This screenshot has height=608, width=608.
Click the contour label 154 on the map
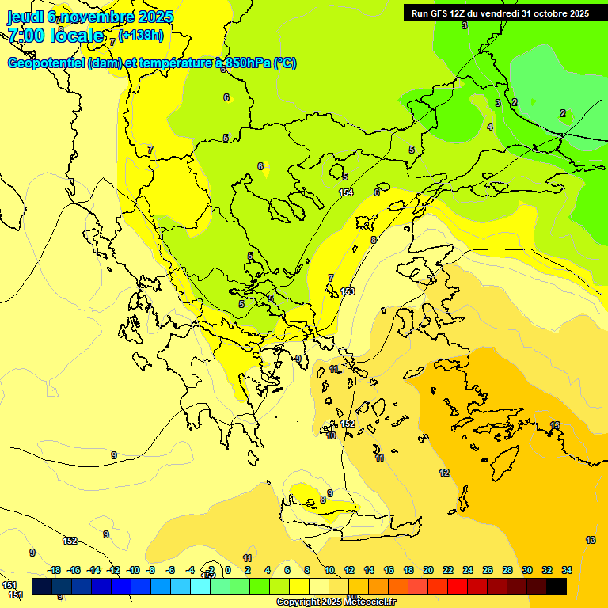pos(346,193)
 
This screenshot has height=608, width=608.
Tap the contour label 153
pos(348,291)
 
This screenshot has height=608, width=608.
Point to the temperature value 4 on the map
pos(490,127)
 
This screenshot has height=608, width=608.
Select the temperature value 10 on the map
pos(331,435)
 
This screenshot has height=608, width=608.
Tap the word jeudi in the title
pos(26,16)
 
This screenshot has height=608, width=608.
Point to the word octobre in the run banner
pos(552,13)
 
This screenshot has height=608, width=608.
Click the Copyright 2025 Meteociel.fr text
pos(336,602)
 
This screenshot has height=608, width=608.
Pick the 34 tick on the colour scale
pos(567,570)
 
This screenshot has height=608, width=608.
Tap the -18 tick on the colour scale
pos(55,570)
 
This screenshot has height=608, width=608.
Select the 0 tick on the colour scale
pos(228,570)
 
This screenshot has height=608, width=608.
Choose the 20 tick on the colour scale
pos(427,570)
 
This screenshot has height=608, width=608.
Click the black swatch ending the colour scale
pos(557,586)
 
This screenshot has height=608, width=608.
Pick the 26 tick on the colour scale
pos(488,570)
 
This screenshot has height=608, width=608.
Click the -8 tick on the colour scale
pos(150,570)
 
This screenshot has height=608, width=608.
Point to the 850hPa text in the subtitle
pos(246,63)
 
